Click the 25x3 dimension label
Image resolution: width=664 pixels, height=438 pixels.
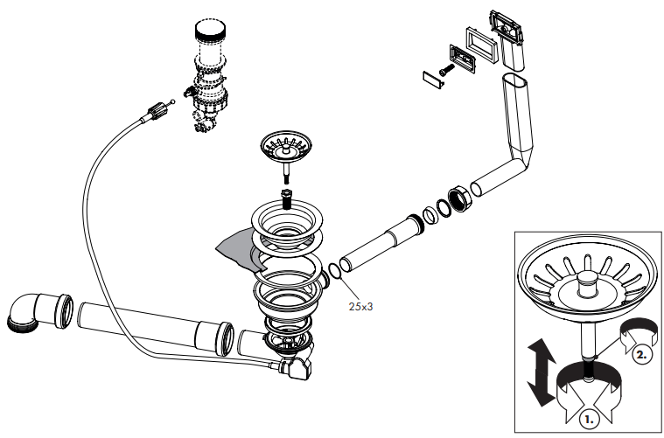360,306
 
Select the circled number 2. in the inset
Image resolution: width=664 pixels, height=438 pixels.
642,354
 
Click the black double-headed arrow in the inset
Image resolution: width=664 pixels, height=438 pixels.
542,372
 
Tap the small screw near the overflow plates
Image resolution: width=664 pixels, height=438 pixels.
446,70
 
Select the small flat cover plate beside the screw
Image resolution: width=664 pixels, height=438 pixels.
433,80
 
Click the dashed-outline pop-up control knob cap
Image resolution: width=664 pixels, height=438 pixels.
210,30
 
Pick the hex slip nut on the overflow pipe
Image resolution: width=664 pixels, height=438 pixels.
459,198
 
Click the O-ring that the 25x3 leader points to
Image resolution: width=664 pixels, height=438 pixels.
334,272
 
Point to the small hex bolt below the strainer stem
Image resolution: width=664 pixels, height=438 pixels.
286,199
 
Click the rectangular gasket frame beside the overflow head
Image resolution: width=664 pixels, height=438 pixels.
483,45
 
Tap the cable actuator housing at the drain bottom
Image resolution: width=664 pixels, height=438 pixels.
296,367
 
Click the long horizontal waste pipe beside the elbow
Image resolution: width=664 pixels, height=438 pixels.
155,328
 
